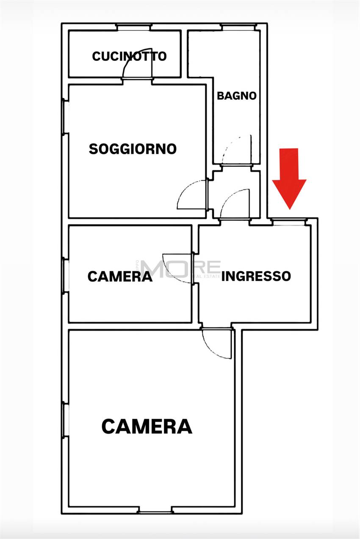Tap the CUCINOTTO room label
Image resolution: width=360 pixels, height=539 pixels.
click(129, 56)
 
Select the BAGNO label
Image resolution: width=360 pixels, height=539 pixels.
click(237, 96)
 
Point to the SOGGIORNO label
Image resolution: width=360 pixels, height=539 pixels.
click(133, 149)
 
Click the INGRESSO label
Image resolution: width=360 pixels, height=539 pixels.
click(256, 276)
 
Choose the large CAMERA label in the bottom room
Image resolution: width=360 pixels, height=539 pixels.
click(147, 426)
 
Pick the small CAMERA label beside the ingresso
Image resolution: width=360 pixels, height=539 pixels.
click(120, 276)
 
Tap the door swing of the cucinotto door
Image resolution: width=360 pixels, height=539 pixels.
click(135, 64)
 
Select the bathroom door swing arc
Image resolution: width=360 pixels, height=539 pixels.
click(236, 149)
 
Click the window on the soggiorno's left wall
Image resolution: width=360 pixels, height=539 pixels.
click(65, 116)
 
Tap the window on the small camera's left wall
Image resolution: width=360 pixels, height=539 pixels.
click(65, 275)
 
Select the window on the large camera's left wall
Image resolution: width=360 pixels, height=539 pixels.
click(65, 419)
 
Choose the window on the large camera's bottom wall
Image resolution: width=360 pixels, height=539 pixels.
click(155, 511)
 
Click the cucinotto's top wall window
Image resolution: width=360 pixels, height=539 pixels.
click(134, 27)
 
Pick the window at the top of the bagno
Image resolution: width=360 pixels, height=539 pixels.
click(238, 27)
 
